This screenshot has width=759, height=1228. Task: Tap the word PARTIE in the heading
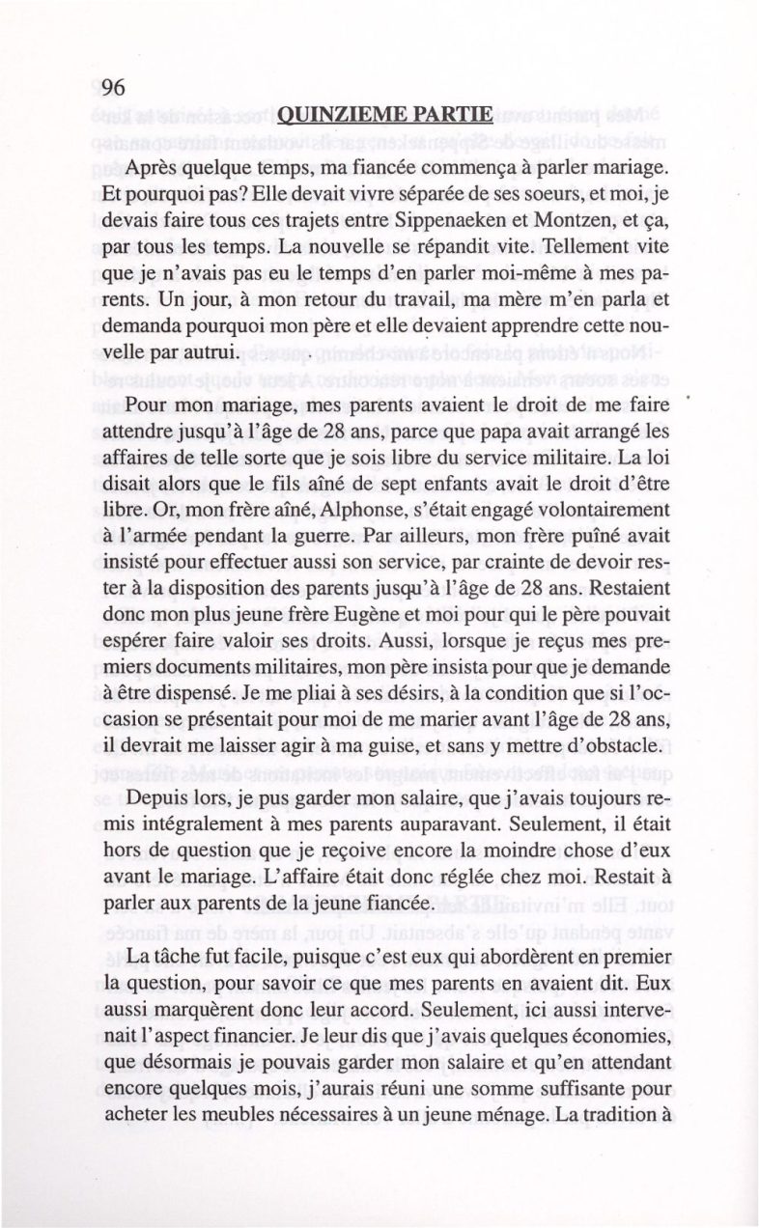(457, 120)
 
